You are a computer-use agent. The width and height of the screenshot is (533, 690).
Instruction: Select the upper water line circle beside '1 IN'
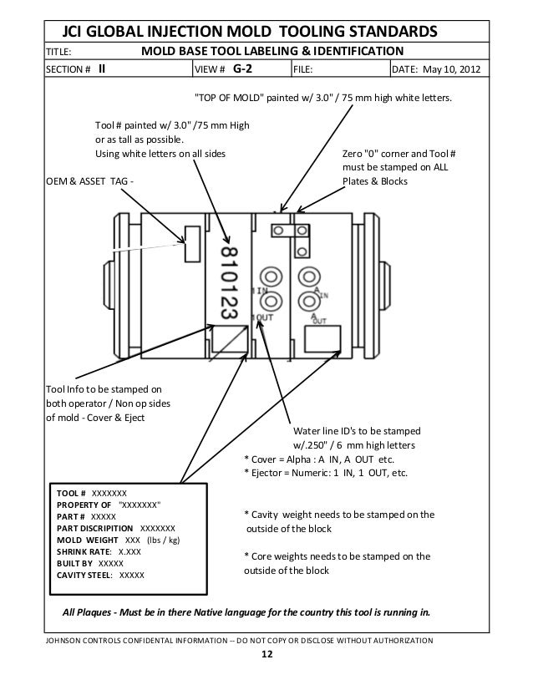coord(271,275)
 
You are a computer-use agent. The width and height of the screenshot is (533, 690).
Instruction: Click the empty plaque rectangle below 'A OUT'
coord(323,339)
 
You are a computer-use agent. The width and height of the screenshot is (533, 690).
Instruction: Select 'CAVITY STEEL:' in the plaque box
coord(87,576)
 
